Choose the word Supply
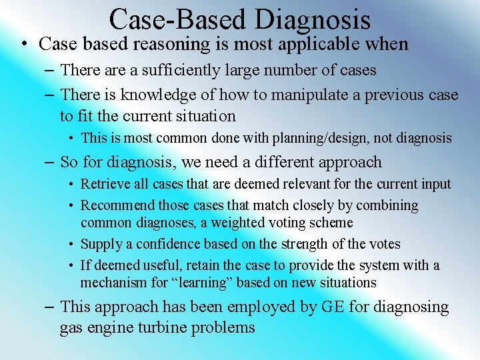(99, 244)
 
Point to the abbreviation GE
(331, 307)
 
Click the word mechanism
(115, 283)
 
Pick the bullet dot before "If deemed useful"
(71, 265)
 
